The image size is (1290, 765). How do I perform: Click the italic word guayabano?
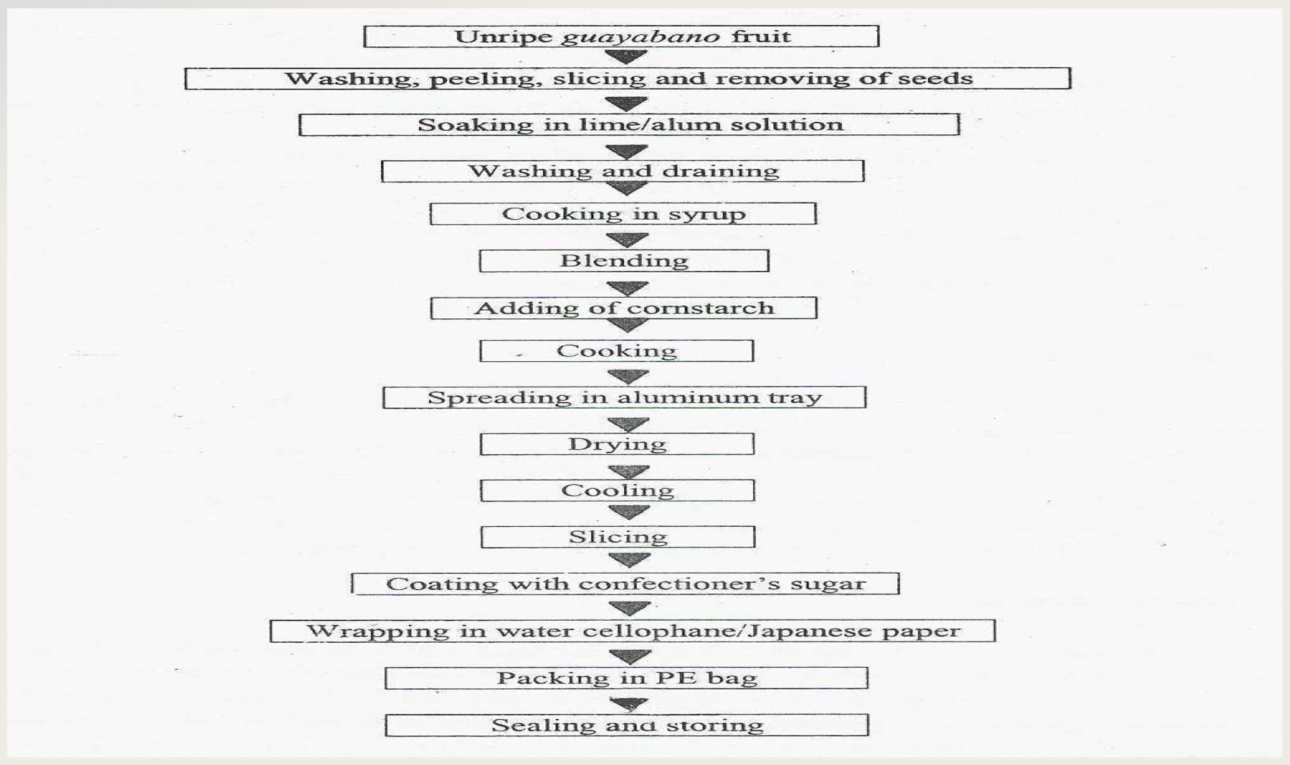pyautogui.click(x=640, y=37)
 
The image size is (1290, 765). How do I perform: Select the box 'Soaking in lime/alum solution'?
pyautogui.click(x=629, y=125)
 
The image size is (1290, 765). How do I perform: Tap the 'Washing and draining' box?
pyautogui.click(x=622, y=171)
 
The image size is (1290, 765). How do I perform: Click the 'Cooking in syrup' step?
pyautogui.click(x=623, y=214)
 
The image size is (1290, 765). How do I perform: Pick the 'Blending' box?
pyautogui.click(x=624, y=261)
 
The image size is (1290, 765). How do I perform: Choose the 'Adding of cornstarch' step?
pyautogui.click(x=624, y=308)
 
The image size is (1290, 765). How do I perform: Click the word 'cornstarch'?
pyautogui.click(x=700, y=308)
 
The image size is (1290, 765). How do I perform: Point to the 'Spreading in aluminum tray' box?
pyautogui.click(x=624, y=397)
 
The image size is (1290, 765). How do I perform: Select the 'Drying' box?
pyautogui.click(x=617, y=444)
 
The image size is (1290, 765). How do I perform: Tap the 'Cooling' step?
pyautogui.click(x=617, y=491)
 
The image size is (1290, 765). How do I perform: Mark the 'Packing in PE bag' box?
pyautogui.click(x=627, y=678)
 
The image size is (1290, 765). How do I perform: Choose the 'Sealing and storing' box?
pyautogui.click(x=627, y=725)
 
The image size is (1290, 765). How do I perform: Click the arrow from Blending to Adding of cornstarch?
pyautogui.click(x=628, y=288)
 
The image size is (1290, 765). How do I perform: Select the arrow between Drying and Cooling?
pyautogui.click(x=629, y=472)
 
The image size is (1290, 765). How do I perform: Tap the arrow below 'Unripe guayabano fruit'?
pyautogui.click(x=626, y=57)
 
